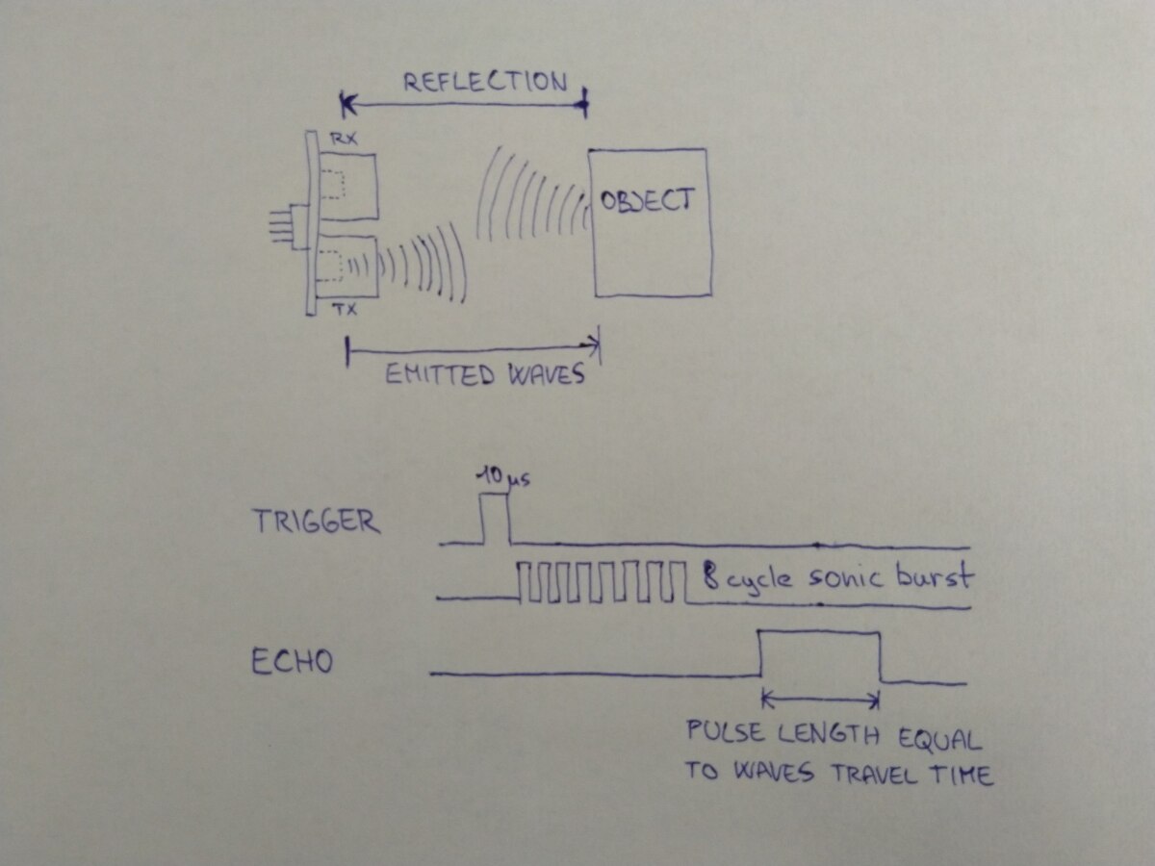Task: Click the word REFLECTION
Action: [x=484, y=82]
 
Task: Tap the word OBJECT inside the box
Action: [x=646, y=200]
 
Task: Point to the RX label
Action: [x=343, y=139]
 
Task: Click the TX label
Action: [x=344, y=309]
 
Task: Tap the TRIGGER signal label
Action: [x=316, y=522]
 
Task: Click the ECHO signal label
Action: [x=293, y=662]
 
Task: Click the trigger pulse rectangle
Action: [x=495, y=520]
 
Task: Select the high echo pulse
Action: [x=820, y=654]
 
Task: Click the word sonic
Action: [x=847, y=578]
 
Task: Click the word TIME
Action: [x=962, y=775]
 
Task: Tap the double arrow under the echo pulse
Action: [x=821, y=700]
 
